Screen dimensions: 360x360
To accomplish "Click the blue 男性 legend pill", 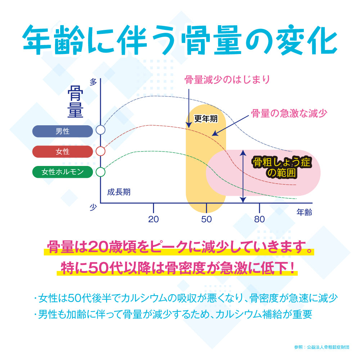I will [x=63, y=131].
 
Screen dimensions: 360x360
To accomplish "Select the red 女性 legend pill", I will [x=63, y=152].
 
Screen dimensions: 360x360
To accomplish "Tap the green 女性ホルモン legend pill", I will [x=63, y=172].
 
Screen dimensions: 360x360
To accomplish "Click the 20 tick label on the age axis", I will [x=154, y=219].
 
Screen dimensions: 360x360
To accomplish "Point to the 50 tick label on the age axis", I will [x=207, y=219].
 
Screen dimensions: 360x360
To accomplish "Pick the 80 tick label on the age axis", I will [x=260, y=219].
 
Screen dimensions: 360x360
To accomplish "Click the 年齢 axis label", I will [x=304, y=212].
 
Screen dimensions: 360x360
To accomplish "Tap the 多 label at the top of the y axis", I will [x=94, y=82].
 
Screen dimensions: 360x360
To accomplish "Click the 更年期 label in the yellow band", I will [x=206, y=118].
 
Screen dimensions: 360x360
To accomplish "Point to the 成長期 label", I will [x=119, y=192].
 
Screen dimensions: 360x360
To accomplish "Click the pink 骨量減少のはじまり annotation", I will [x=227, y=80].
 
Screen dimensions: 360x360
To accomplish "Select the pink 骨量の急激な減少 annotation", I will [x=289, y=113].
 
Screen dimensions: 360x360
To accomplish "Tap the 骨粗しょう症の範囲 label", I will [x=282, y=167].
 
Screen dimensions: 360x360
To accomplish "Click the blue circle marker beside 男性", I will [x=101, y=130].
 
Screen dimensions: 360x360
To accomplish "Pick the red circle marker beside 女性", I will [x=101, y=151].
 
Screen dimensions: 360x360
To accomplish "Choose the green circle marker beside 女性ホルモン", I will [x=101, y=172].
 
